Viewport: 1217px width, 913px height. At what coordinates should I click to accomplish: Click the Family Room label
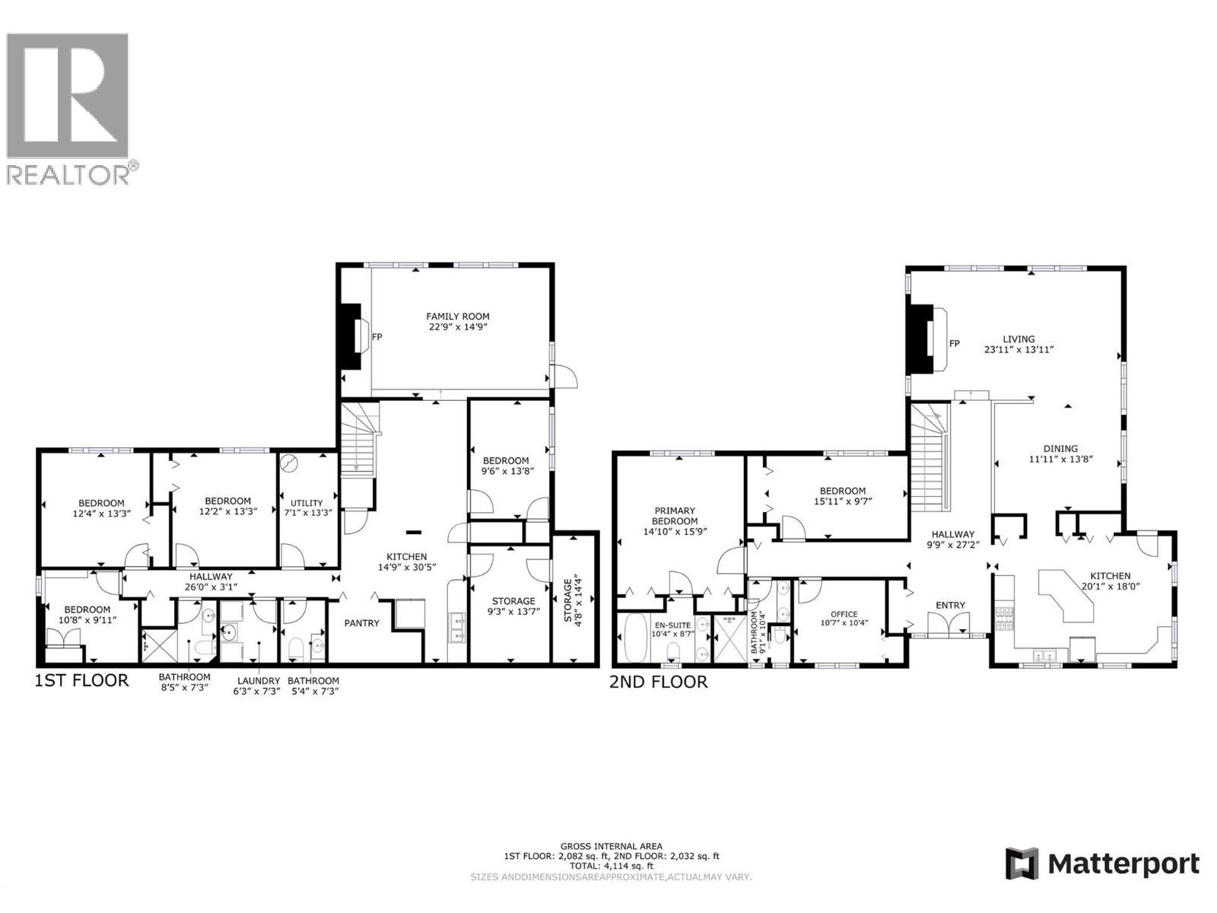[x=457, y=317]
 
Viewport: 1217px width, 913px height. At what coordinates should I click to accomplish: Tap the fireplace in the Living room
[x=923, y=339]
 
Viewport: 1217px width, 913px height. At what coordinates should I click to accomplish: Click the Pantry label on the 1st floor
[x=361, y=623]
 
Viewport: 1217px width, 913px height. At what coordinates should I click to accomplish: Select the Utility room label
[x=307, y=503]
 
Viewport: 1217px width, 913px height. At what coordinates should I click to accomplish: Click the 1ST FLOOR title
[x=82, y=680]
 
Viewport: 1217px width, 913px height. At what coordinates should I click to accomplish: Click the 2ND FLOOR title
[x=658, y=682]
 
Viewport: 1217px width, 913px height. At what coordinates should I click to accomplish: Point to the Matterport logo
[x=1102, y=864]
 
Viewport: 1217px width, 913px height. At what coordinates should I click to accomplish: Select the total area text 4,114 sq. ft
[x=612, y=866]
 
